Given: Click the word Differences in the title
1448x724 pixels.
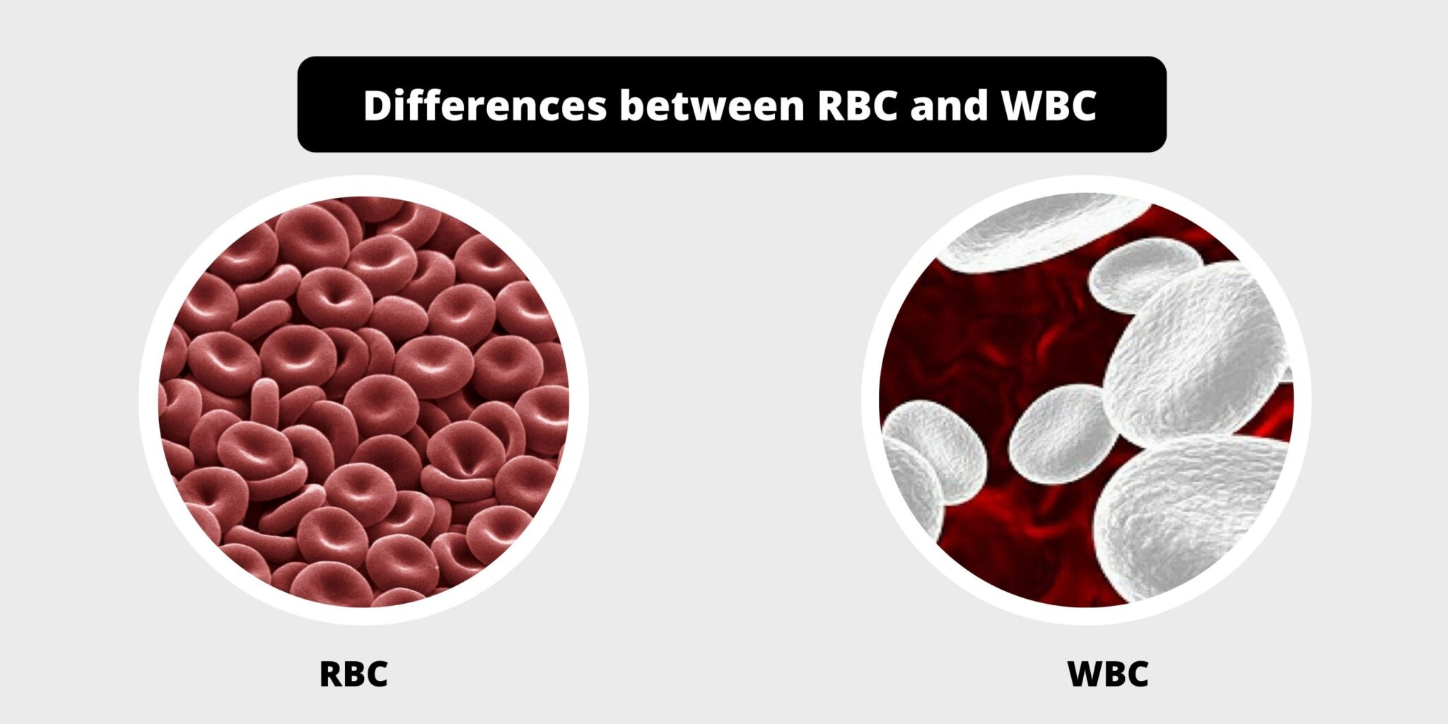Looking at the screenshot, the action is click(485, 105).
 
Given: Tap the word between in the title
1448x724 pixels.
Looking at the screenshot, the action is click(712, 105).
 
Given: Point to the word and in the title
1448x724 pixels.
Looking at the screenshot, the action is click(949, 105).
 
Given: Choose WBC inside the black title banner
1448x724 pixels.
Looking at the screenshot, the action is click(1049, 105).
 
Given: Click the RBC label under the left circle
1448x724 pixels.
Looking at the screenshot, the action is click(354, 674).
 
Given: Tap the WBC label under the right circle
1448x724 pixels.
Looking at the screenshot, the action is click(1108, 674).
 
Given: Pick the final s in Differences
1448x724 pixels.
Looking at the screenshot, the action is click(597, 110).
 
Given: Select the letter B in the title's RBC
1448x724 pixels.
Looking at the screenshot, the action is click(858, 106).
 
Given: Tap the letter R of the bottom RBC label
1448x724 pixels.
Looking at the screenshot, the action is click(332, 674).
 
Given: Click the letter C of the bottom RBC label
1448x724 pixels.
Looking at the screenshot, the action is click(377, 674).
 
